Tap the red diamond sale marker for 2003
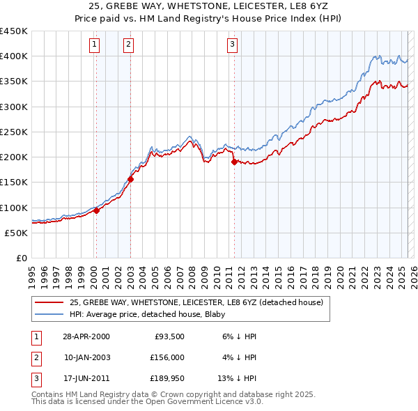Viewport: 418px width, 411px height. pos(130,179)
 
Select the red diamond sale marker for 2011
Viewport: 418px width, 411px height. pos(234,162)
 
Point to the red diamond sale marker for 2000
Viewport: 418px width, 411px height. pos(96,211)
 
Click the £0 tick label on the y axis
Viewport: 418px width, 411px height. pos(20,258)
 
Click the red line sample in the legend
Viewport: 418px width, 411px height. pos(49,303)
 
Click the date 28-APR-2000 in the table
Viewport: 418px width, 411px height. pos(86,336)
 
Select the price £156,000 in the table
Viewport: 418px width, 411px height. pos(167,357)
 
